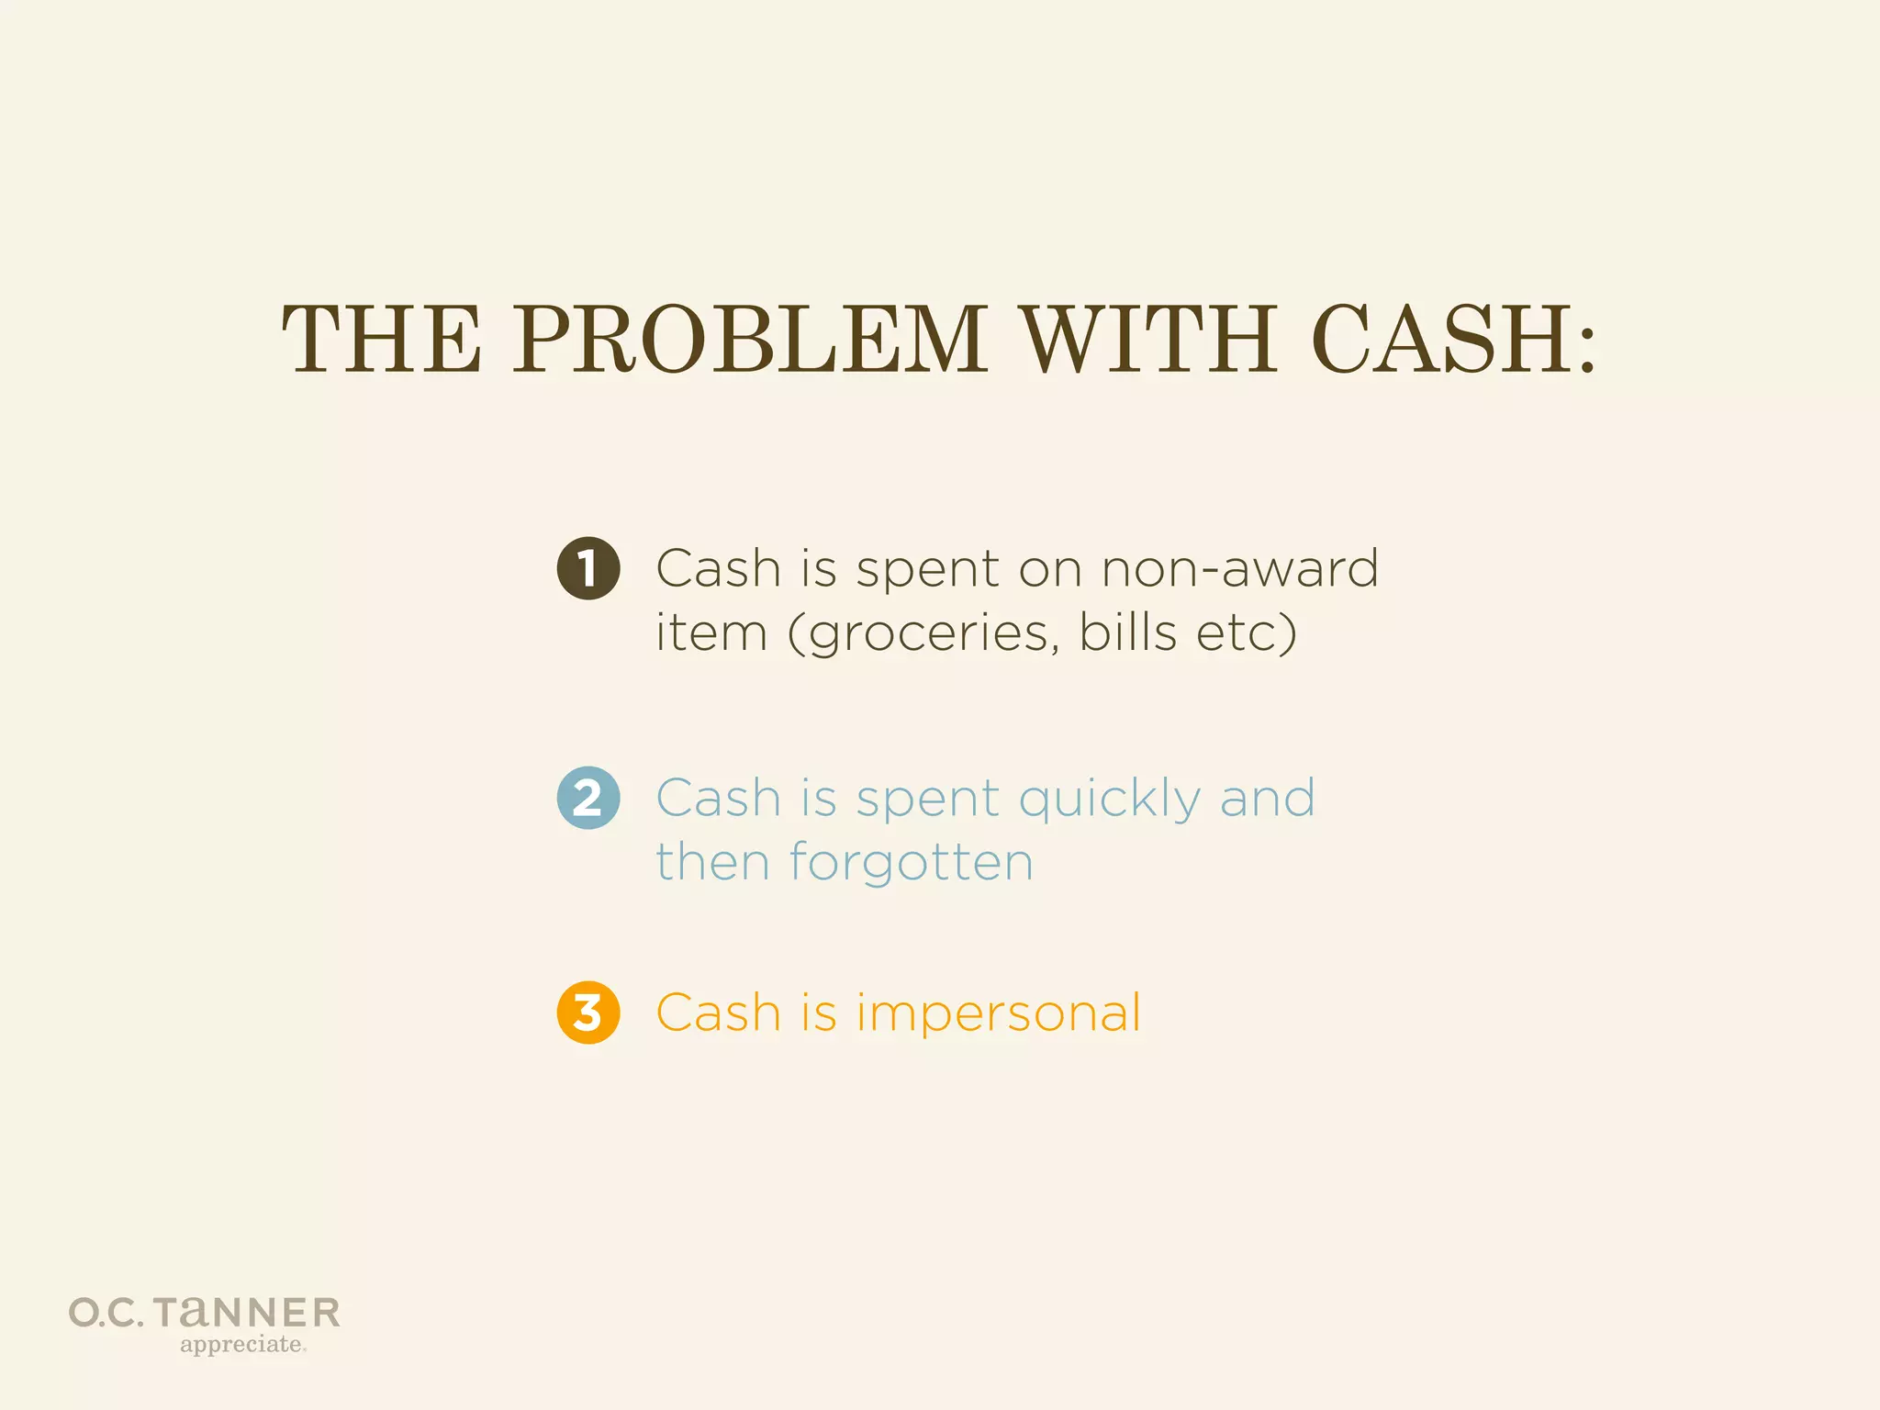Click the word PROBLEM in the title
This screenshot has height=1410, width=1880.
749,340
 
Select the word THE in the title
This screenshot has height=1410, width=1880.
381,340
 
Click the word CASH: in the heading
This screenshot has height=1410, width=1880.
1454,340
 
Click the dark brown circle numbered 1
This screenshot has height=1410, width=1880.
588,568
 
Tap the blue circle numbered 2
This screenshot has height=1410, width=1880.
588,798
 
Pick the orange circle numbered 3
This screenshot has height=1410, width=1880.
588,1013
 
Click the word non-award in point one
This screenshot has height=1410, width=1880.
1239,569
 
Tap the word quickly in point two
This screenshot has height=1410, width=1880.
1109,799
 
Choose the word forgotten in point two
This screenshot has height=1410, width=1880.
911,863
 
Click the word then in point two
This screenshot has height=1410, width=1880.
712,863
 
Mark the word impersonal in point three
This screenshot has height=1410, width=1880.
999,1014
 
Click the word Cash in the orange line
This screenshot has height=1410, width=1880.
718,1013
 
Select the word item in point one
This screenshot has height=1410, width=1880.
711,632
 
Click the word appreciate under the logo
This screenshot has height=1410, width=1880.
241,1345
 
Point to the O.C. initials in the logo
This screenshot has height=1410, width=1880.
106,1314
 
